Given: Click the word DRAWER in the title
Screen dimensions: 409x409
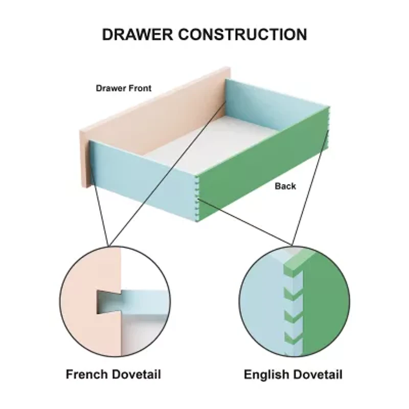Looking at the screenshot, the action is click(x=137, y=34).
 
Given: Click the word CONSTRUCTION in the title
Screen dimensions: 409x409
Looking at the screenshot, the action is click(x=242, y=34).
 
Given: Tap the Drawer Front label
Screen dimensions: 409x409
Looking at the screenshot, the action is click(x=124, y=88).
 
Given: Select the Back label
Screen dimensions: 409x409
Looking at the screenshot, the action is click(x=285, y=186).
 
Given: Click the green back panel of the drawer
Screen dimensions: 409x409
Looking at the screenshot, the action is click(x=263, y=164).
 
